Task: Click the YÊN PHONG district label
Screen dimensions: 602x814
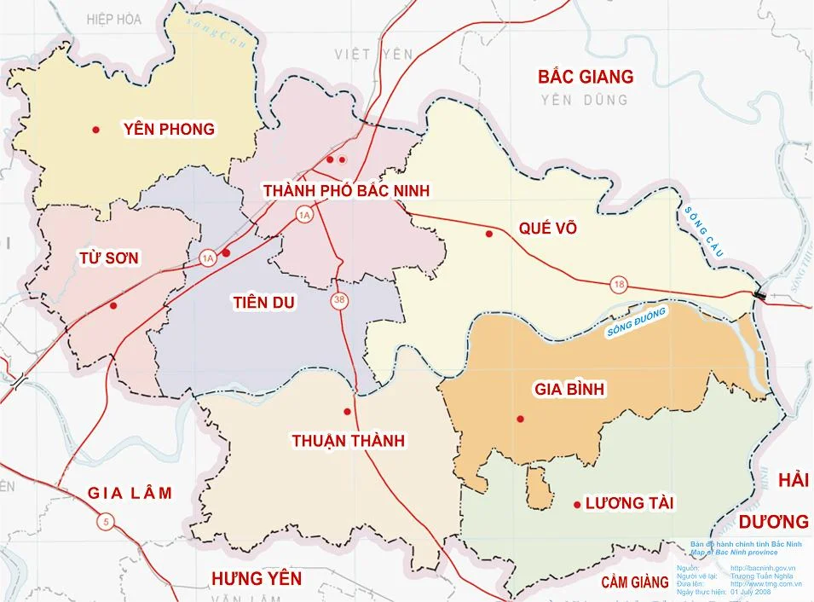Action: click(169, 130)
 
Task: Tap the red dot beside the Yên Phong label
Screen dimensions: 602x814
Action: click(96, 130)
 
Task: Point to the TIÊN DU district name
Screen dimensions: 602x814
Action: click(263, 301)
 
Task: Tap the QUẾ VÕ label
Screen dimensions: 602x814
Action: click(547, 229)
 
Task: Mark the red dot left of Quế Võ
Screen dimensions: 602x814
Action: click(488, 234)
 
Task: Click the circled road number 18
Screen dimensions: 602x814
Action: click(618, 285)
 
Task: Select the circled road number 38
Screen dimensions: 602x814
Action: click(340, 301)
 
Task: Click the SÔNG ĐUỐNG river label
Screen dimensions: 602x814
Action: click(636, 323)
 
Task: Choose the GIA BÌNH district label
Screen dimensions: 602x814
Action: click(569, 390)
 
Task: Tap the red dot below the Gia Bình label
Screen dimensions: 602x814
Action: click(519, 419)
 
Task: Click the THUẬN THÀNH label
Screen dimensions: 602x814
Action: click(348, 441)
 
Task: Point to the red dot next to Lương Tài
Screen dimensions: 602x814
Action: click(577, 504)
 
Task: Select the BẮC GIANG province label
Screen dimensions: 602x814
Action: click(586, 77)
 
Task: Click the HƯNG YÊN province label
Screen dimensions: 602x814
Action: click(257, 579)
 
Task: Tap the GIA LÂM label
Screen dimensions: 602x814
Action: click(130, 493)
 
